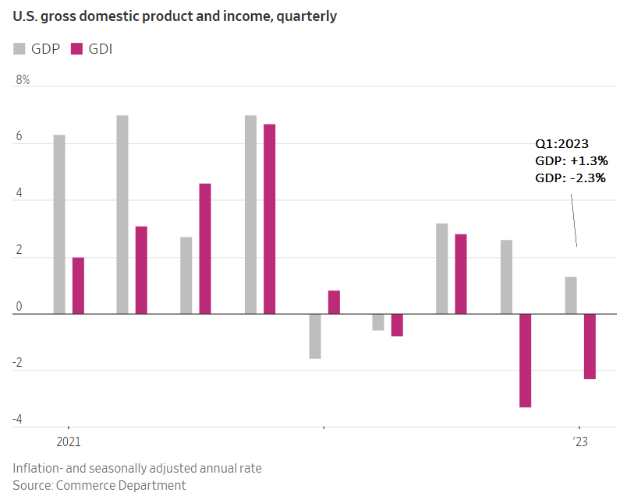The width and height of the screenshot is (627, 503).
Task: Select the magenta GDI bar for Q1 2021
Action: click(x=78, y=285)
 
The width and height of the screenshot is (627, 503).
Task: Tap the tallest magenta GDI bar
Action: click(x=269, y=219)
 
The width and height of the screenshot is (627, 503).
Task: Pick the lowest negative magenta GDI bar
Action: click(x=526, y=360)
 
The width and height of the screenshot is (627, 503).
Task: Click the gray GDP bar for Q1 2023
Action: click(x=571, y=295)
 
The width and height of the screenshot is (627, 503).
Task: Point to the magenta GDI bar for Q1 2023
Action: click(x=590, y=346)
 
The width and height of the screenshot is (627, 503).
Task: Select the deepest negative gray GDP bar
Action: click(x=315, y=336)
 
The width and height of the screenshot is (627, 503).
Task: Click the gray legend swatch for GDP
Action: click(x=19, y=49)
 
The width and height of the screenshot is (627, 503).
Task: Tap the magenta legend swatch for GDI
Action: click(x=76, y=49)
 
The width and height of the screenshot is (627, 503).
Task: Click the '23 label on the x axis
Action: click(x=579, y=441)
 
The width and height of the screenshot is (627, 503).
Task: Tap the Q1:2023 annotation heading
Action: click(x=561, y=144)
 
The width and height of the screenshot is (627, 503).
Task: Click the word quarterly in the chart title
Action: click(x=306, y=16)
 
